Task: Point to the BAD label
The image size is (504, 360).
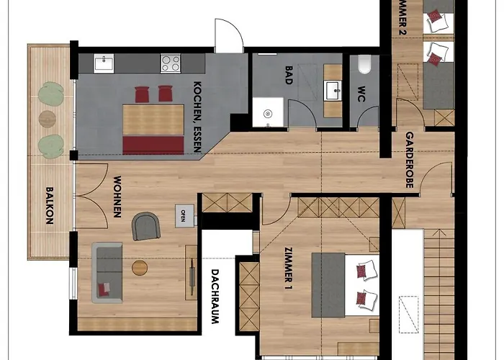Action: (288, 76)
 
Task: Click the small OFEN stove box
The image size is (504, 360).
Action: (182, 213)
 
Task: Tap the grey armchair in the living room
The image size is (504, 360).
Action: (145, 226)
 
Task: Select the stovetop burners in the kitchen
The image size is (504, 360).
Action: (170, 63)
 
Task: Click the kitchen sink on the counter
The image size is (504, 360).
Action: (104, 63)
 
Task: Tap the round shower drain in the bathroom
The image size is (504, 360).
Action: (267, 113)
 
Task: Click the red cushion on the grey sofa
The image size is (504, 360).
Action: (105, 289)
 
